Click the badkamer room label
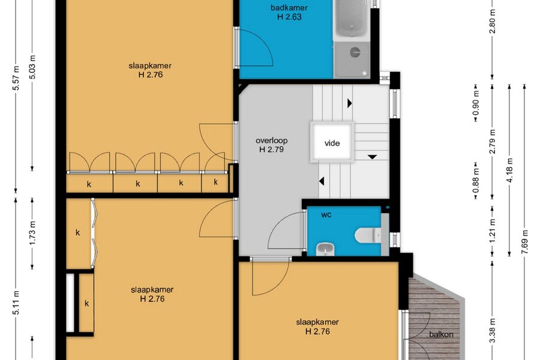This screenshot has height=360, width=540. click(x=289, y=8)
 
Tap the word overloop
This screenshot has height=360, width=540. click(x=271, y=140)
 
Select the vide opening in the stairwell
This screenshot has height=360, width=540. click(x=332, y=142)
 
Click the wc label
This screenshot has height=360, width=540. click(x=326, y=215)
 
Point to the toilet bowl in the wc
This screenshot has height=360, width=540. click(x=367, y=235)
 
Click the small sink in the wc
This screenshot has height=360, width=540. click(x=325, y=249)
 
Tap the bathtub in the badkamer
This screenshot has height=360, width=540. click(x=351, y=19)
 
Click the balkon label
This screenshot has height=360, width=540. click(x=441, y=334)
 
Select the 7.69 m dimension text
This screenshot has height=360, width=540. click(x=524, y=241)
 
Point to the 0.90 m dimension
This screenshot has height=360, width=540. click(x=476, y=103)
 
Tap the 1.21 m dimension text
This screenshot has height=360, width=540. click(x=493, y=230)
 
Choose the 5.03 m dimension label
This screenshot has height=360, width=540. click(x=32, y=67)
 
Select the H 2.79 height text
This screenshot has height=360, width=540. click(x=271, y=149)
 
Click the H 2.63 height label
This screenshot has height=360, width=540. click(x=289, y=17)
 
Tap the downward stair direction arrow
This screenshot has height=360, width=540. click(x=372, y=157)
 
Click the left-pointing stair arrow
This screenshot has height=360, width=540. click(x=322, y=181)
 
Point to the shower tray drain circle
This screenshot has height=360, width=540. click(x=355, y=52)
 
